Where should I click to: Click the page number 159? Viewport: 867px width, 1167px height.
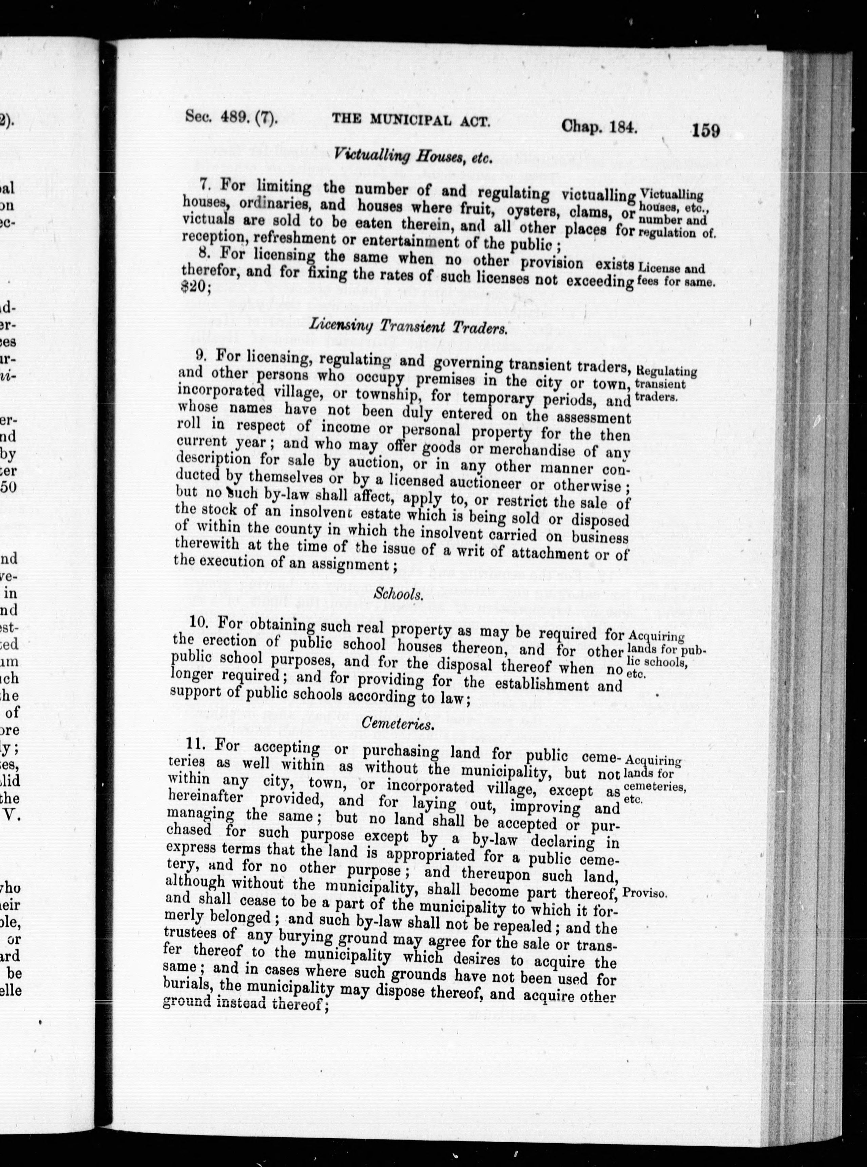coord(705,130)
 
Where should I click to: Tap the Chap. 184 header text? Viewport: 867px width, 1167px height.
coord(599,127)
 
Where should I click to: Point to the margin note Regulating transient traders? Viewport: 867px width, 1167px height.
coord(666,384)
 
